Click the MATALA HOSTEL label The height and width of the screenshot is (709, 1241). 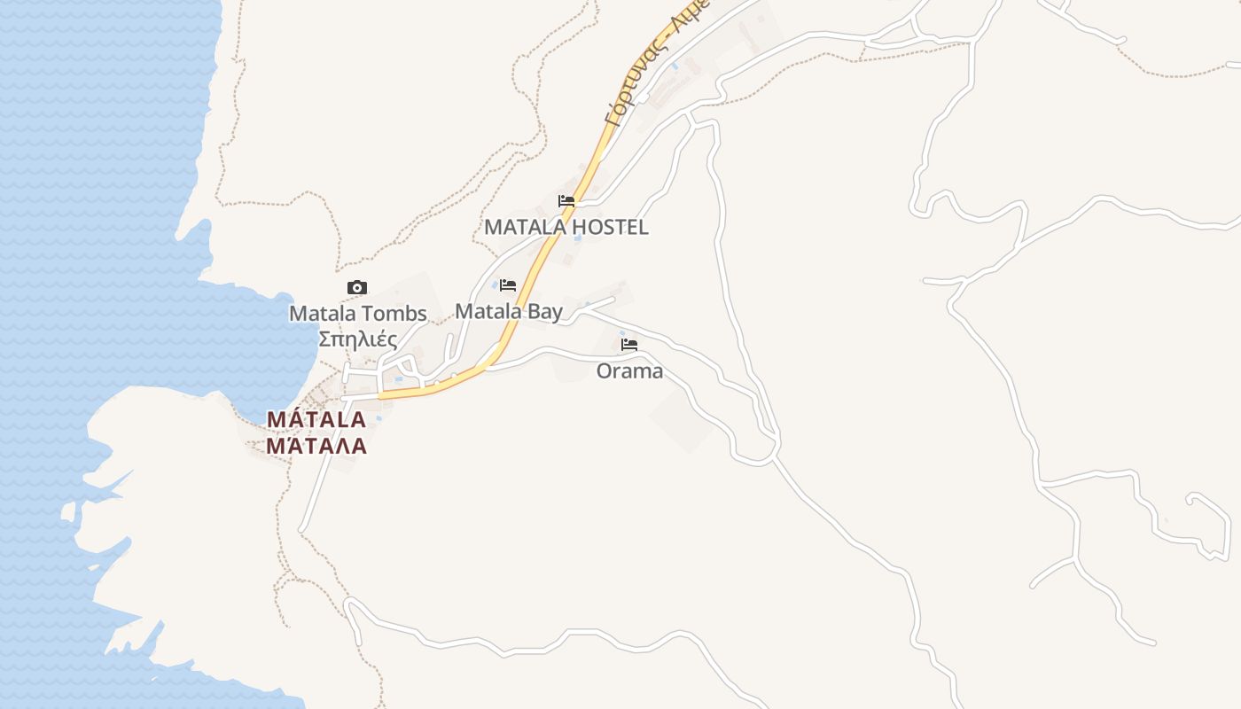click(566, 227)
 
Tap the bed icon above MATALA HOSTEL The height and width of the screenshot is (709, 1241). click(566, 201)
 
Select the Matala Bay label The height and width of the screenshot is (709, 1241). click(508, 311)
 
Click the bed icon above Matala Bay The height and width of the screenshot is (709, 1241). click(508, 285)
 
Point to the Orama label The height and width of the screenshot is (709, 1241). click(629, 370)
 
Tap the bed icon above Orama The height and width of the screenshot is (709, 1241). click(629, 344)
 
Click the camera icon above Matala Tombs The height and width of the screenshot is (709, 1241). click(356, 287)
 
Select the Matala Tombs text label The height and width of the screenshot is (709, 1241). click(358, 313)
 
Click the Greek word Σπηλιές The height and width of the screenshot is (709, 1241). click(357, 339)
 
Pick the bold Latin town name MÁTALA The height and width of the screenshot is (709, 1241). click(316, 419)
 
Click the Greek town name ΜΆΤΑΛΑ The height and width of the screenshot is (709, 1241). click(316, 445)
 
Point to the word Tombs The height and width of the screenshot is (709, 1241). click(398, 313)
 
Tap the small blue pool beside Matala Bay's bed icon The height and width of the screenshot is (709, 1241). click(495, 284)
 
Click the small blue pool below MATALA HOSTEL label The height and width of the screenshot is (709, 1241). click(578, 238)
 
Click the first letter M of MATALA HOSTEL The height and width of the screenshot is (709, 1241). click(493, 227)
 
